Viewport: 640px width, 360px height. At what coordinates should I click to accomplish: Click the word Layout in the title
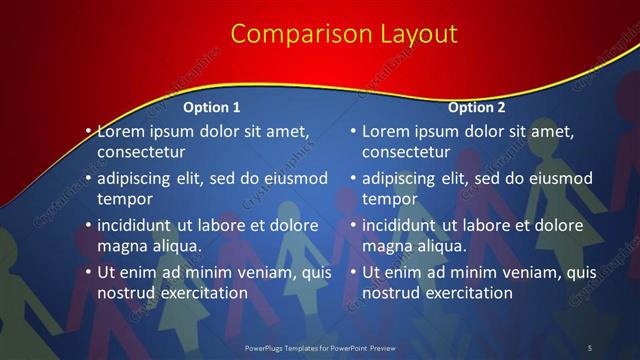415,34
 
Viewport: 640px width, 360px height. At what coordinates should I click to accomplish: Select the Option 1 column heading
212,107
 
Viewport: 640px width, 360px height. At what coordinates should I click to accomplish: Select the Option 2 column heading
477,107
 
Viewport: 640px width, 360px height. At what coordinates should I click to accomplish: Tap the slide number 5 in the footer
589,347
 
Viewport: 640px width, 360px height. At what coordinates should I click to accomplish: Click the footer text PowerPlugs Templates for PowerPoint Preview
320,347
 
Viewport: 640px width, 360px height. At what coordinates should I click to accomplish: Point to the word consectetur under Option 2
406,152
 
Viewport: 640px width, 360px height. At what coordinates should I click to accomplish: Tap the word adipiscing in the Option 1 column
139,179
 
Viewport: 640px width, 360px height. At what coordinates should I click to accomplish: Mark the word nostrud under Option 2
391,293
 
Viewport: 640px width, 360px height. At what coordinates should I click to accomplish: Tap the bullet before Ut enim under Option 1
89,272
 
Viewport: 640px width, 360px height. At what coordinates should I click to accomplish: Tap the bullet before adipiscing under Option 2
354,179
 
